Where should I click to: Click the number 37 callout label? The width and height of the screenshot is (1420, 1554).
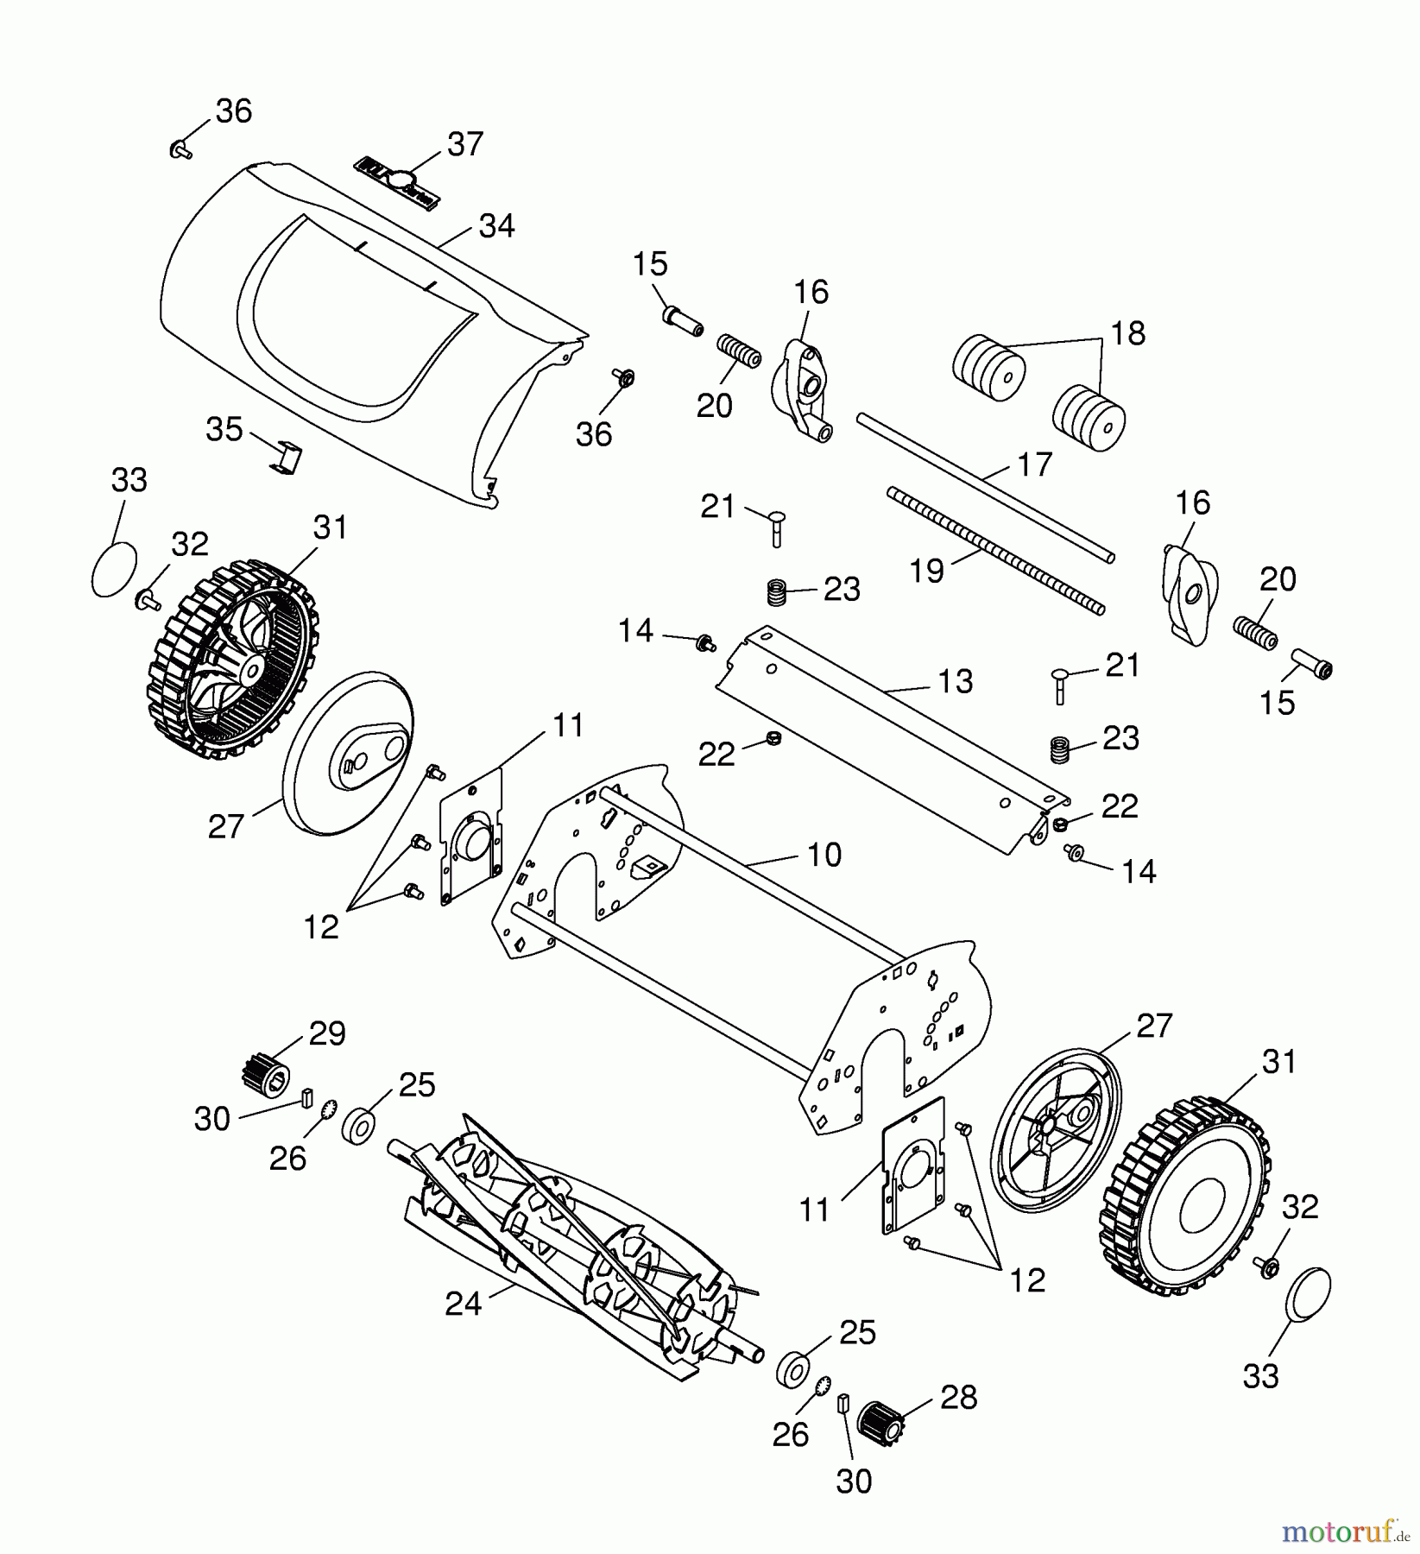(465, 143)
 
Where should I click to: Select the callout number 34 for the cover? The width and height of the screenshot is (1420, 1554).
(496, 226)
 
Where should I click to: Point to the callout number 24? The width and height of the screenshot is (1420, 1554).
(463, 1304)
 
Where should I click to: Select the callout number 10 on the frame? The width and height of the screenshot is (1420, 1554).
(824, 855)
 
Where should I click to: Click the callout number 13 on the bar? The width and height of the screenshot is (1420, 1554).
(955, 682)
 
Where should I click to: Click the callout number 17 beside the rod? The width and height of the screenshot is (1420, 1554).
(1034, 464)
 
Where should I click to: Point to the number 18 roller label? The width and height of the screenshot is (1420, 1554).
(1127, 332)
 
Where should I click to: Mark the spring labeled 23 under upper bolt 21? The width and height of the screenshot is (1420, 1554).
(778, 592)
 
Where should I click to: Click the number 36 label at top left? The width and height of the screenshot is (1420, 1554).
(233, 111)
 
